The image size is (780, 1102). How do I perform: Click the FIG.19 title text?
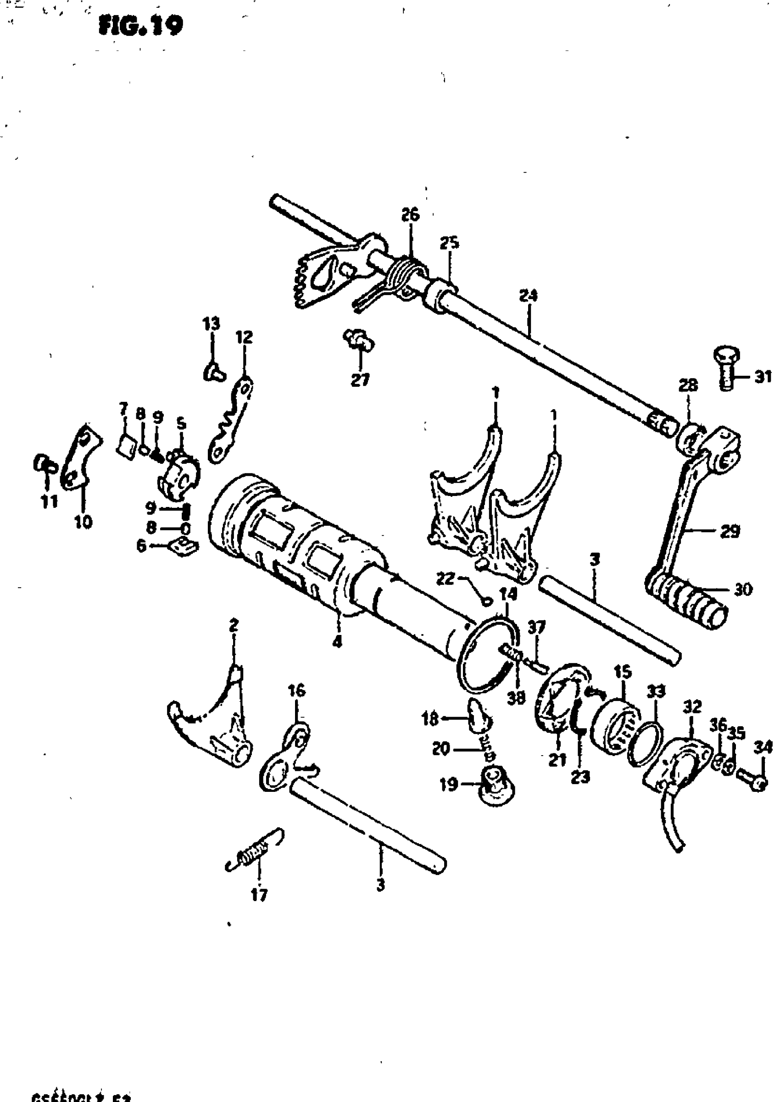[140, 27]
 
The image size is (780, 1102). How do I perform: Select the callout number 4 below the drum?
[337, 641]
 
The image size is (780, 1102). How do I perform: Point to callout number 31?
[763, 377]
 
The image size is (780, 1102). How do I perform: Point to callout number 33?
[656, 691]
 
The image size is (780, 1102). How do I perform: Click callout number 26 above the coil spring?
[410, 214]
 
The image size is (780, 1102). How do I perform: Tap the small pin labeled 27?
[359, 340]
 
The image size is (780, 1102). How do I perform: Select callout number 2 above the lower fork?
[234, 626]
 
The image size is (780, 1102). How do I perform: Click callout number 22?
[445, 579]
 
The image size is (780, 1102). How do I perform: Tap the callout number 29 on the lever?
[730, 531]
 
